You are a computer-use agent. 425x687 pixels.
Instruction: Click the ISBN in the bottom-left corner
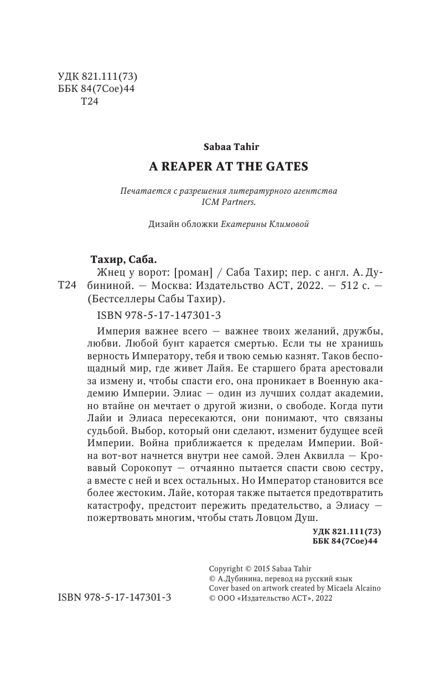tap(114, 598)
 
